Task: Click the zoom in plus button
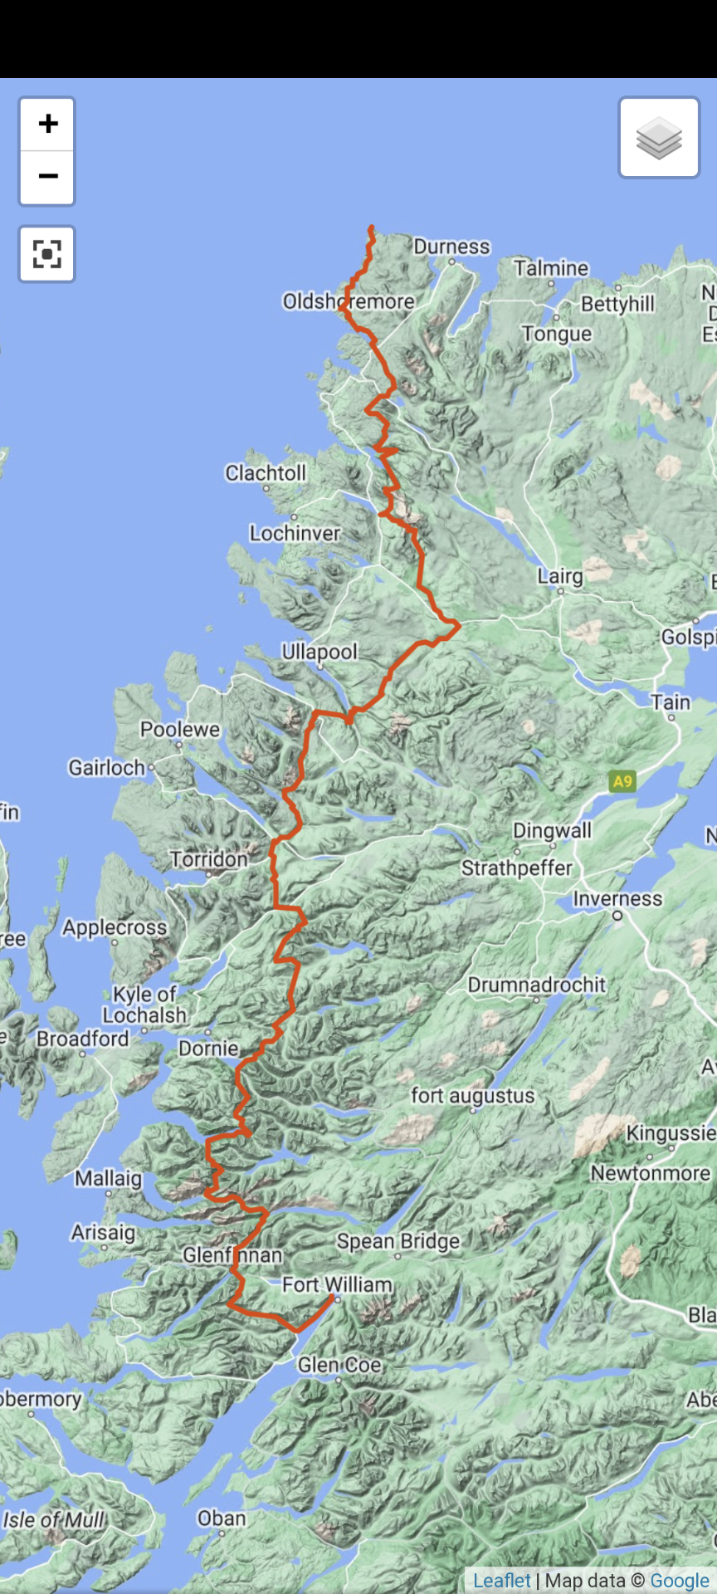tap(47, 125)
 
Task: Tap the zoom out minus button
tap(47, 177)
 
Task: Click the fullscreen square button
tap(47, 254)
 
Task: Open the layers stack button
tap(659, 138)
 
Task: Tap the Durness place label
tap(451, 247)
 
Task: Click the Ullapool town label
tap(319, 652)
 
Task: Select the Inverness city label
tap(617, 899)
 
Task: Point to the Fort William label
tap(337, 1285)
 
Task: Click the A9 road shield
tap(622, 780)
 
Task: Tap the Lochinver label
tap(295, 533)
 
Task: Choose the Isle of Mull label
tap(54, 1520)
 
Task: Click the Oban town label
tap(222, 1518)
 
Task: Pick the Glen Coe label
tap(339, 1365)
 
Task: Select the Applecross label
tap(115, 927)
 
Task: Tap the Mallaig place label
tap(108, 1179)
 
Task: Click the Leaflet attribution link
tap(501, 1581)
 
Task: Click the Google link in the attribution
tap(679, 1581)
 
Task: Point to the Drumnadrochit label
tap(537, 985)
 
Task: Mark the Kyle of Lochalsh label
tap(144, 1005)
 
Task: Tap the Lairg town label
tap(560, 576)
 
